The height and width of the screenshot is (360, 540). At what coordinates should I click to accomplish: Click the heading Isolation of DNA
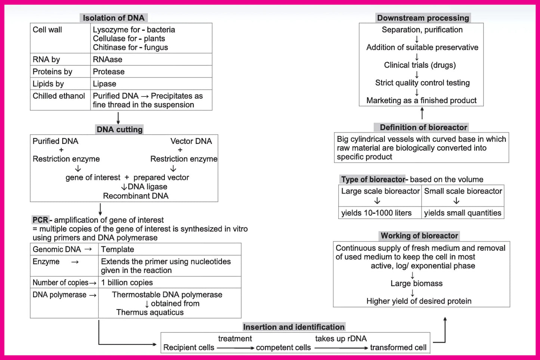pos(114,18)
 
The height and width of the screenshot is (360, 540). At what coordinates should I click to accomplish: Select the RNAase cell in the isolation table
pos(108,59)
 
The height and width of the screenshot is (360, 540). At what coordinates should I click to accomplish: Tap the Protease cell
pos(109,72)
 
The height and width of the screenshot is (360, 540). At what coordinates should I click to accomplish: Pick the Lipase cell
pos(105,84)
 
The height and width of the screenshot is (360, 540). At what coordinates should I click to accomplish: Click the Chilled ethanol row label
pos(59,96)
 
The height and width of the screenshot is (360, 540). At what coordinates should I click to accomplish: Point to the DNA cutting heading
pos(120,130)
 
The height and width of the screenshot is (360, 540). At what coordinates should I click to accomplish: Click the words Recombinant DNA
pos(136,196)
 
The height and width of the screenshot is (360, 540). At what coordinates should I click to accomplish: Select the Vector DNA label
pos(191,141)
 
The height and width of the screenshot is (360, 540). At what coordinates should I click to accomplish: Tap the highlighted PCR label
pos(40,220)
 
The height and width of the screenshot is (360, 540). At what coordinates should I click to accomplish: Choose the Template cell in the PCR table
pos(117,249)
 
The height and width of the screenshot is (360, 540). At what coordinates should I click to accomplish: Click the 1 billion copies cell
pos(127,283)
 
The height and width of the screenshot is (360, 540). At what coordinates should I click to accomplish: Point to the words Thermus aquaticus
pos(150,313)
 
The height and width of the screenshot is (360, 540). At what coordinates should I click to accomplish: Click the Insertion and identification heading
pos(294,327)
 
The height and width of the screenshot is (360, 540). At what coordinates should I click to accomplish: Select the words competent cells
pos(283,348)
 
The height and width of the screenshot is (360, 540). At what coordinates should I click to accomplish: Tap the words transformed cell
pos(398,348)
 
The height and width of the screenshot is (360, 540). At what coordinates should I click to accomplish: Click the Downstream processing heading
pos(423,18)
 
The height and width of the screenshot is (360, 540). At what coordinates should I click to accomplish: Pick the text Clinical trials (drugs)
pos(420,65)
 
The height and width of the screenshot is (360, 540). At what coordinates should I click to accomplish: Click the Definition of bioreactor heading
pos(423,127)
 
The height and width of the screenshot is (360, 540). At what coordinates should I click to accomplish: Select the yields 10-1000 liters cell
pos(376,213)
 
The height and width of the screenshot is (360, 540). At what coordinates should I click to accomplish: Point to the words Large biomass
pos(416,283)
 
